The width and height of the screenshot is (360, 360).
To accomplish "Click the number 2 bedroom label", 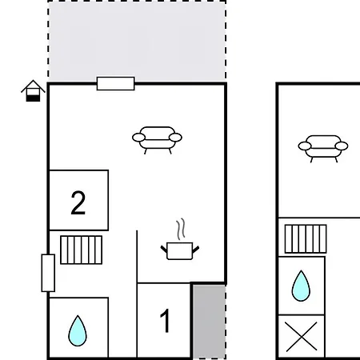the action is (78, 202).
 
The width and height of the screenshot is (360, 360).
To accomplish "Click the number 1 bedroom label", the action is (166, 321).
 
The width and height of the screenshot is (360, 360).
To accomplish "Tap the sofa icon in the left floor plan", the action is (157, 140).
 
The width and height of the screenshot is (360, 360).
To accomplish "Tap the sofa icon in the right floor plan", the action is (323, 149).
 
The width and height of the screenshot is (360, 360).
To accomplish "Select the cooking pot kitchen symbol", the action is (180, 250).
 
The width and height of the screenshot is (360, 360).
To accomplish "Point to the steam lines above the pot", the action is (181, 229).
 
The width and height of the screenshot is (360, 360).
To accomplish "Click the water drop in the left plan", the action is (78, 330).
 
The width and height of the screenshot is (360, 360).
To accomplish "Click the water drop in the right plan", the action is (301, 286).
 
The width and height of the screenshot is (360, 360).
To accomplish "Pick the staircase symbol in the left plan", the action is (82, 250).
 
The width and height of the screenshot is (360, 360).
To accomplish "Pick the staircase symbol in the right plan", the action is (306, 239).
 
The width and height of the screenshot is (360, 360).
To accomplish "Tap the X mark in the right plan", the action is (302, 337).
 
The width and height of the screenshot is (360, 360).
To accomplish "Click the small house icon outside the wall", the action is (33, 90).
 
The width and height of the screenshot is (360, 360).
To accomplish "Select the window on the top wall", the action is (115, 83).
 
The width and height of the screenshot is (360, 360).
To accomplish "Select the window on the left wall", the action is (48, 273).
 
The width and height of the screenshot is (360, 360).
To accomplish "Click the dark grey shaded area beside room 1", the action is (210, 322).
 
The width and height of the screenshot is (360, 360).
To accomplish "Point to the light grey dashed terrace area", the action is (137, 41).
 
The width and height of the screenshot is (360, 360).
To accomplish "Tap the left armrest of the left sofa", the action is (138, 138).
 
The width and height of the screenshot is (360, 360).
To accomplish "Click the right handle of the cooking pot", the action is (196, 250).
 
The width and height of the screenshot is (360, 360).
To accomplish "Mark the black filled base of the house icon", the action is (33, 98).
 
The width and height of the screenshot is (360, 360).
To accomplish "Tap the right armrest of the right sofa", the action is (342, 146).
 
